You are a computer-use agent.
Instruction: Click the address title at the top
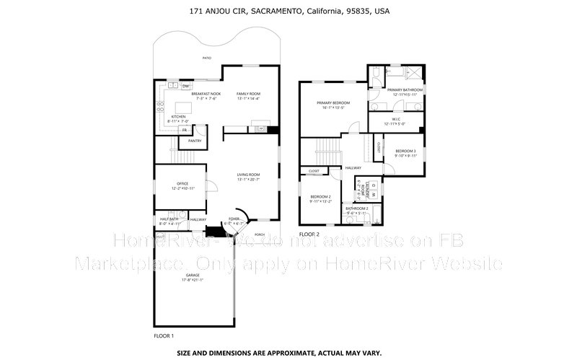pyautogui.click(x=288, y=11)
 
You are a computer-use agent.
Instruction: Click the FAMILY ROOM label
pyautogui.click(x=249, y=95)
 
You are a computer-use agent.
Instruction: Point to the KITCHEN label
pyautogui.click(x=178, y=117)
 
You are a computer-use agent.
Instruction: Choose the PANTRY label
pyautogui.click(x=195, y=141)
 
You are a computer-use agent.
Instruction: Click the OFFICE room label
pyautogui.click(x=182, y=184)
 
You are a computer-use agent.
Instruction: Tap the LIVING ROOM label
pyautogui.click(x=249, y=175)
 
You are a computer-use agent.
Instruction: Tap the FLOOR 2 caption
pyautogui.click(x=309, y=234)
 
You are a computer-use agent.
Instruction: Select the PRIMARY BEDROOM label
pyautogui.click(x=333, y=103)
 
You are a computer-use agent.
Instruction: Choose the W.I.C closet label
pyautogui.click(x=396, y=120)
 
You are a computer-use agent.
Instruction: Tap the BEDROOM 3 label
pyautogui.click(x=405, y=151)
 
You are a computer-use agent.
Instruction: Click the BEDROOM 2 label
pyautogui.click(x=321, y=197)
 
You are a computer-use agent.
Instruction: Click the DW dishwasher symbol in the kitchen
pyautogui.click(x=175, y=86)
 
